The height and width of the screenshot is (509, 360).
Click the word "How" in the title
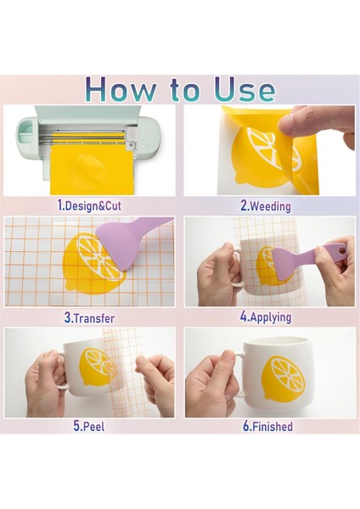pos(120,89)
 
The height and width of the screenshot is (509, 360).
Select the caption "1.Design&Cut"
pos(89,205)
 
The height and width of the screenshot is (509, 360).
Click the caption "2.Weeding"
pos(266,206)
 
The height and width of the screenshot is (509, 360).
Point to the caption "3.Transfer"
pos(89,318)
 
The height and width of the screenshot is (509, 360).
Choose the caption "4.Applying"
pos(266,316)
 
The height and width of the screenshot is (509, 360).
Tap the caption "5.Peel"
pos(89,426)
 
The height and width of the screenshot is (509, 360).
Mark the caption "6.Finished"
pos(267,426)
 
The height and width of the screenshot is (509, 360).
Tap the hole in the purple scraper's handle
pos(340,250)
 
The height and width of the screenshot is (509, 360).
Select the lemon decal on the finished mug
pos(284,378)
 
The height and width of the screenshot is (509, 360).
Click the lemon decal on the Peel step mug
pos(98,367)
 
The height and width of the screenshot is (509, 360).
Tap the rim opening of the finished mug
pos(276,341)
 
